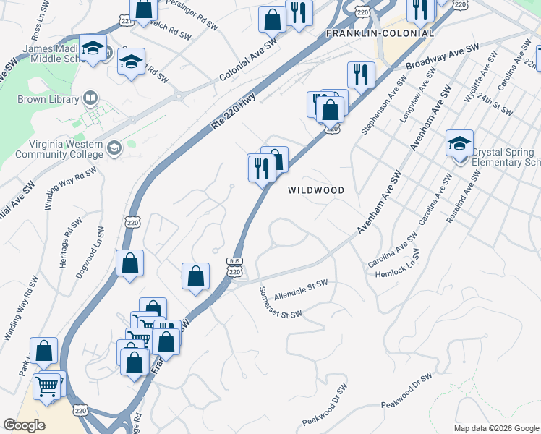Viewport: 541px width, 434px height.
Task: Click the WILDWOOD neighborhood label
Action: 315,190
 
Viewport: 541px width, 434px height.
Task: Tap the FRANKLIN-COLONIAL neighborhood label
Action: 380,33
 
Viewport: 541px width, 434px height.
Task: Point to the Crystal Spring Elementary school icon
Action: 459,144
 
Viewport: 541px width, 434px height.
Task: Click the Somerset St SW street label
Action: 280,302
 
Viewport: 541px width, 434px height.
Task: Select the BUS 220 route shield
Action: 234,267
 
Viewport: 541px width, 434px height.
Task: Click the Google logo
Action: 25,425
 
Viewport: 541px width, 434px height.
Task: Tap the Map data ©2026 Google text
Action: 495,427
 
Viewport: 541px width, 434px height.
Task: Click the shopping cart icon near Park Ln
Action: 48,386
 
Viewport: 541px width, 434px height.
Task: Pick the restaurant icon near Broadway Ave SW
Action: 360,75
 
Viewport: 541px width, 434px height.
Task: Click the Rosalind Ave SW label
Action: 464,196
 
